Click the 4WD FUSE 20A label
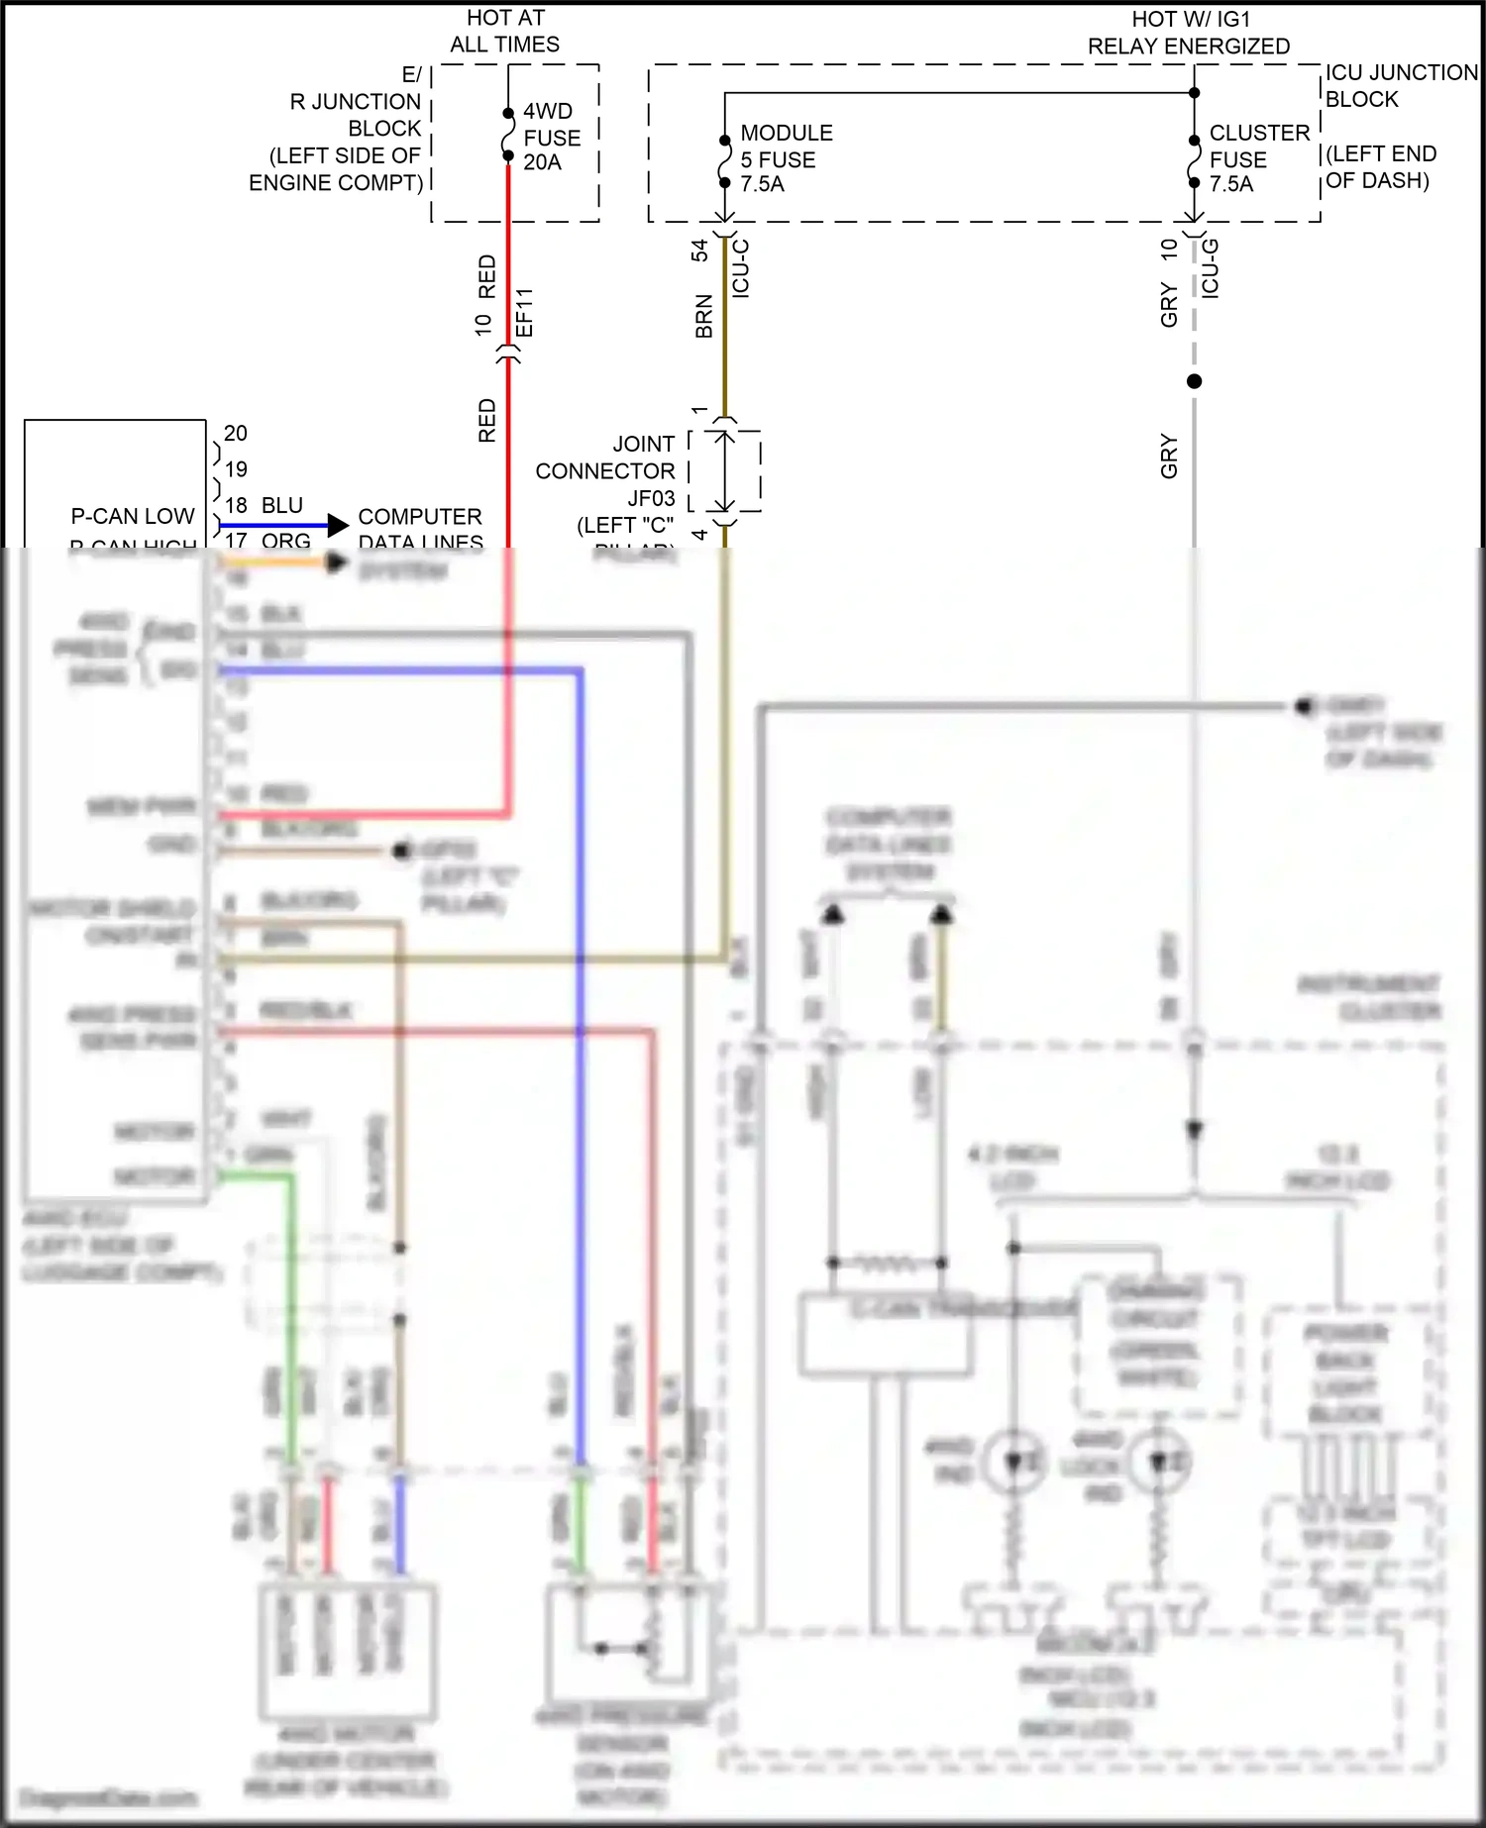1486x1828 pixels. pyautogui.click(x=551, y=137)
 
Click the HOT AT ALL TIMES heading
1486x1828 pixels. pyautogui.click(x=504, y=31)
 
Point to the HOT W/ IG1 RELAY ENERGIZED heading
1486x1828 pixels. pyautogui.click(x=1188, y=33)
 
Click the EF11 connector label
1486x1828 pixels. pyautogui.click(x=525, y=312)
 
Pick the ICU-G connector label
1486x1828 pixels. pyautogui.click(x=1210, y=267)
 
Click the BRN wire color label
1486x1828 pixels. pyautogui.click(x=703, y=316)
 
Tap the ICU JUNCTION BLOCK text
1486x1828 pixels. pyautogui.click(x=1400, y=86)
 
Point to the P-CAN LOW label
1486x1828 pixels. pyautogui.click(x=132, y=516)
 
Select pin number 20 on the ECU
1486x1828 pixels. pyautogui.click(x=236, y=433)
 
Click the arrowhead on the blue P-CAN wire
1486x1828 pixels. pyautogui.click(x=338, y=525)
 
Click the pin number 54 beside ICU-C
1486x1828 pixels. pyautogui.click(x=699, y=250)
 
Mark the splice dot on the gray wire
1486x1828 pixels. pyautogui.click(x=1194, y=381)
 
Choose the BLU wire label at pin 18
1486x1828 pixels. pyautogui.click(x=282, y=505)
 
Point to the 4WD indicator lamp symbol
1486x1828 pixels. pyautogui.click(x=1012, y=1462)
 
